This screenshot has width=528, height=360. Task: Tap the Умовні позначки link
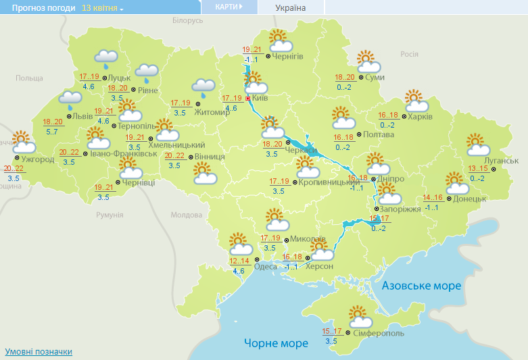pos(39,352)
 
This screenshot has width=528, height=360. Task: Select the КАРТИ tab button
pos(229,7)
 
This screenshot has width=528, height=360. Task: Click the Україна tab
pos(291,7)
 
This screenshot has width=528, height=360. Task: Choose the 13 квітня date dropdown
pos(102,8)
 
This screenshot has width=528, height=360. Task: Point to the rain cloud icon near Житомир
pos(203,86)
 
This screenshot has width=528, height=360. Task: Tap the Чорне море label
pos(276,343)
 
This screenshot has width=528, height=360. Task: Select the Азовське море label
pos(421,286)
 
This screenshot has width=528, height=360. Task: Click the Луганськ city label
pos(501,161)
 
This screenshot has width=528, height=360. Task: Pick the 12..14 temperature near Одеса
pos(239,261)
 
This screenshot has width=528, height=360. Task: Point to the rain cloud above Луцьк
pos(105,58)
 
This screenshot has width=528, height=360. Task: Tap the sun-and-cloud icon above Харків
pos(416,101)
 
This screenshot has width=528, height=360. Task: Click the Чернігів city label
pos(289,56)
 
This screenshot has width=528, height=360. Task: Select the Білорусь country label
pos(187,21)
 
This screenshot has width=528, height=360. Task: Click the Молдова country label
pos(186,215)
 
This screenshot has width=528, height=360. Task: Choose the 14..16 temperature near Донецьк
pos(433,198)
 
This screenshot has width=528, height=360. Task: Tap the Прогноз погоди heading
pos(38,8)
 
